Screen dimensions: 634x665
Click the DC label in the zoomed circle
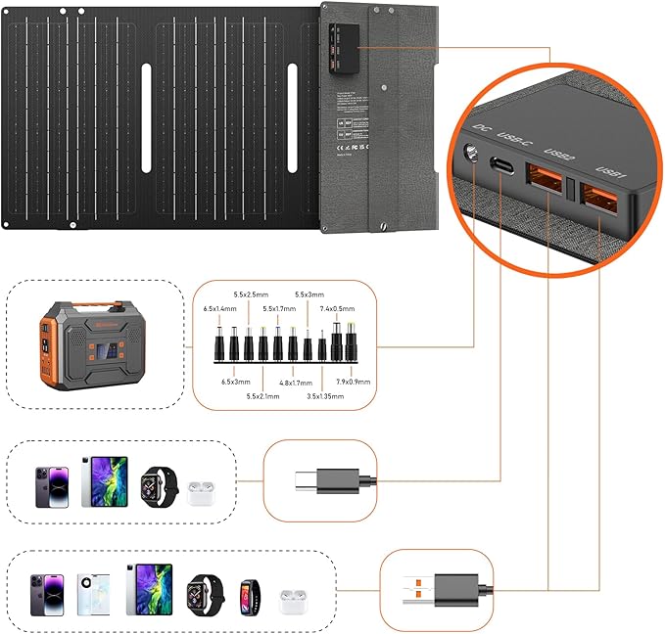point(480,127)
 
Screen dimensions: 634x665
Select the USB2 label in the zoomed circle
point(559,157)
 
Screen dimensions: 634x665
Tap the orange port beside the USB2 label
point(545,180)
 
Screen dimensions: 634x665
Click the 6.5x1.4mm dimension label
point(219,308)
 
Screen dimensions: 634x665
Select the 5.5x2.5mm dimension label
point(250,294)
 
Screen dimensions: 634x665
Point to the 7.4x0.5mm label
point(340,308)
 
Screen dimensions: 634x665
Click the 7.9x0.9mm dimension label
point(352,382)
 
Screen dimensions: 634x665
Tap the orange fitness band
point(246,592)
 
